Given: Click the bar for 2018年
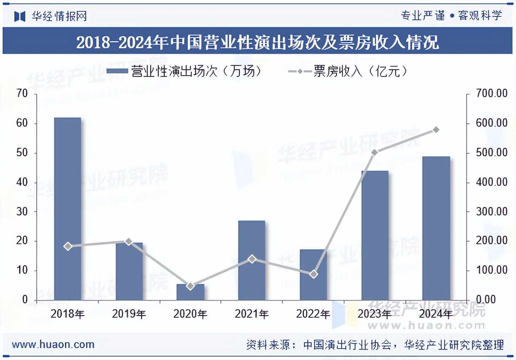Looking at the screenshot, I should point(68,209).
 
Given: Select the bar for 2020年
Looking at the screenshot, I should point(190,292).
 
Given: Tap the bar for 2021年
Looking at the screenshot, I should point(252,260).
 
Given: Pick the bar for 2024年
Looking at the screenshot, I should point(436,228).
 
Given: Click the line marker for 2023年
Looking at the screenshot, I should point(375,152).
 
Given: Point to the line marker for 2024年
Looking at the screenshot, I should point(436,129).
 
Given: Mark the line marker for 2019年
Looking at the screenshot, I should point(129,242).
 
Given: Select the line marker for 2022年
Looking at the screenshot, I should point(313,274).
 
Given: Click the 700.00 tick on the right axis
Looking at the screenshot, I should point(492,94).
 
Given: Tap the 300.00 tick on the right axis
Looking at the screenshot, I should point(492,211).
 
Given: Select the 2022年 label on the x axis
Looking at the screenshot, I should point(313,314).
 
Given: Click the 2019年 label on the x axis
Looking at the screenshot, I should point(129,314).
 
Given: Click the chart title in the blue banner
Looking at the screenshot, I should point(258,42).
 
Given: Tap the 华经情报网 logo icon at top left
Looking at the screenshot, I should point(20,16).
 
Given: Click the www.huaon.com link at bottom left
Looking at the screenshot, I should point(53,344).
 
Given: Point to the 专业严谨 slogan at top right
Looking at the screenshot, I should point(423,16).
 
